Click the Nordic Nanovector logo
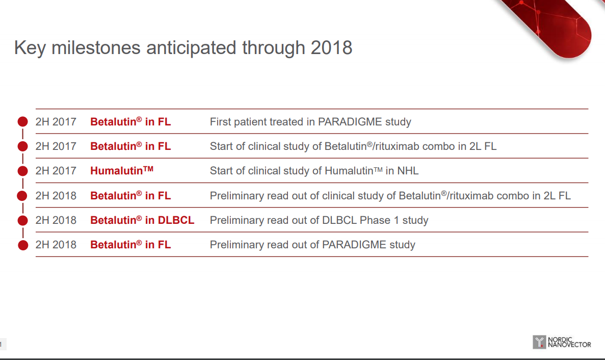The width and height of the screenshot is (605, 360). click(562, 342)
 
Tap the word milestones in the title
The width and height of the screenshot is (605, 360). click(96, 48)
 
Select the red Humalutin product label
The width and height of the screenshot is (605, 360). click(121, 170)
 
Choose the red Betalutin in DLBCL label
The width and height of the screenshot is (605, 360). click(142, 220)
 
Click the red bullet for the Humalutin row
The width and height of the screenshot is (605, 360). click(23, 171)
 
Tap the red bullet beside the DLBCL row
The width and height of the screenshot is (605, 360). click(23, 220)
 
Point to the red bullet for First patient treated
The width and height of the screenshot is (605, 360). click(23, 122)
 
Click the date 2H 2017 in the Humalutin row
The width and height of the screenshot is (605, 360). click(56, 171)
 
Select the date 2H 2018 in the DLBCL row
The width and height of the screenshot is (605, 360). click(56, 220)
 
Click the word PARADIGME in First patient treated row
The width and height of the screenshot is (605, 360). click(350, 122)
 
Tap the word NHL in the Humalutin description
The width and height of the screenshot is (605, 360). click(408, 171)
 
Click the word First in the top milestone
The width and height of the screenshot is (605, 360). click(220, 122)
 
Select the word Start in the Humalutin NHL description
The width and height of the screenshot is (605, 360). click(222, 171)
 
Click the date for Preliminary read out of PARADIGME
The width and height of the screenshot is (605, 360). click(56, 245)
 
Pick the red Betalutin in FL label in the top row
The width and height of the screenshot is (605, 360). click(130, 121)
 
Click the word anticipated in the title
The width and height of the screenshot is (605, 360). click(191, 48)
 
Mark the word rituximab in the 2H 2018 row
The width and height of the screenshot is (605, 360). click(471, 196)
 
